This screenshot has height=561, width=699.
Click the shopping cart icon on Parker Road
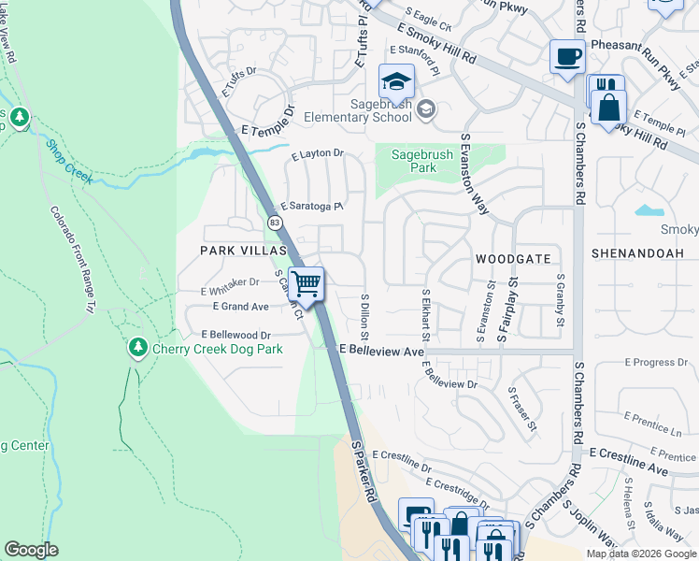pyautogui.click(x=306, y=283)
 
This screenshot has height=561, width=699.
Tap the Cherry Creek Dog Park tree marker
pyautogui.click(x=138, y=348)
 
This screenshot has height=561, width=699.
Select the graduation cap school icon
pyautogui.click(x=396, y=81)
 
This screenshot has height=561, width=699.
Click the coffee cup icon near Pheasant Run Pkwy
pyautogui.click(x=566, y=57)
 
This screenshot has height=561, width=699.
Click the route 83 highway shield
pyautogui.click(x=274, y=223)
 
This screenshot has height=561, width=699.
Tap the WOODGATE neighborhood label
pyautogui.click(x=512, y=258)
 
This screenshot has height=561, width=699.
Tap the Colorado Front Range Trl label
pyautogui.click(x=73, y=259)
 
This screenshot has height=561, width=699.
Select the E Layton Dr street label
pyautogui.click(x=318, y=154)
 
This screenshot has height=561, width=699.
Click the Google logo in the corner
pyautogui.click(x=32, y=550)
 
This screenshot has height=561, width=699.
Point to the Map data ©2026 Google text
pyautogui.click(x=641, y=554)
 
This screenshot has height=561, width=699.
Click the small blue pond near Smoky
pyautogui.click(x=649, y=210)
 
